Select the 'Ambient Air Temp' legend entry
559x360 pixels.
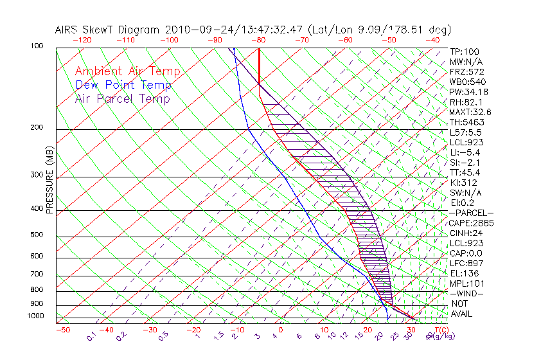(x=127, y=71)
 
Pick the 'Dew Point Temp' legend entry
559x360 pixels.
(x=123, y=85)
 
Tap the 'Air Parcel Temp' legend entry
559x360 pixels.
(x=122, y=99)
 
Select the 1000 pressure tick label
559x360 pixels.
(x=36, y=316)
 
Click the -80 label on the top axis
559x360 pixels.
(x=259, y=39)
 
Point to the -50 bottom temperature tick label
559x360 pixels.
(x=62, y=330)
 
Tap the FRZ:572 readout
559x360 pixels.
(x=466, y=71)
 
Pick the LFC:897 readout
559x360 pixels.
(x=466, y=264)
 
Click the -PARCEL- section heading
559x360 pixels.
(x=471, y=213)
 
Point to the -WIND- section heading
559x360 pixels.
(x=466, y=293)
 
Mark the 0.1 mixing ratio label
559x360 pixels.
(x=91, y=336)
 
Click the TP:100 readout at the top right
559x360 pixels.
(x=465, y=51)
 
